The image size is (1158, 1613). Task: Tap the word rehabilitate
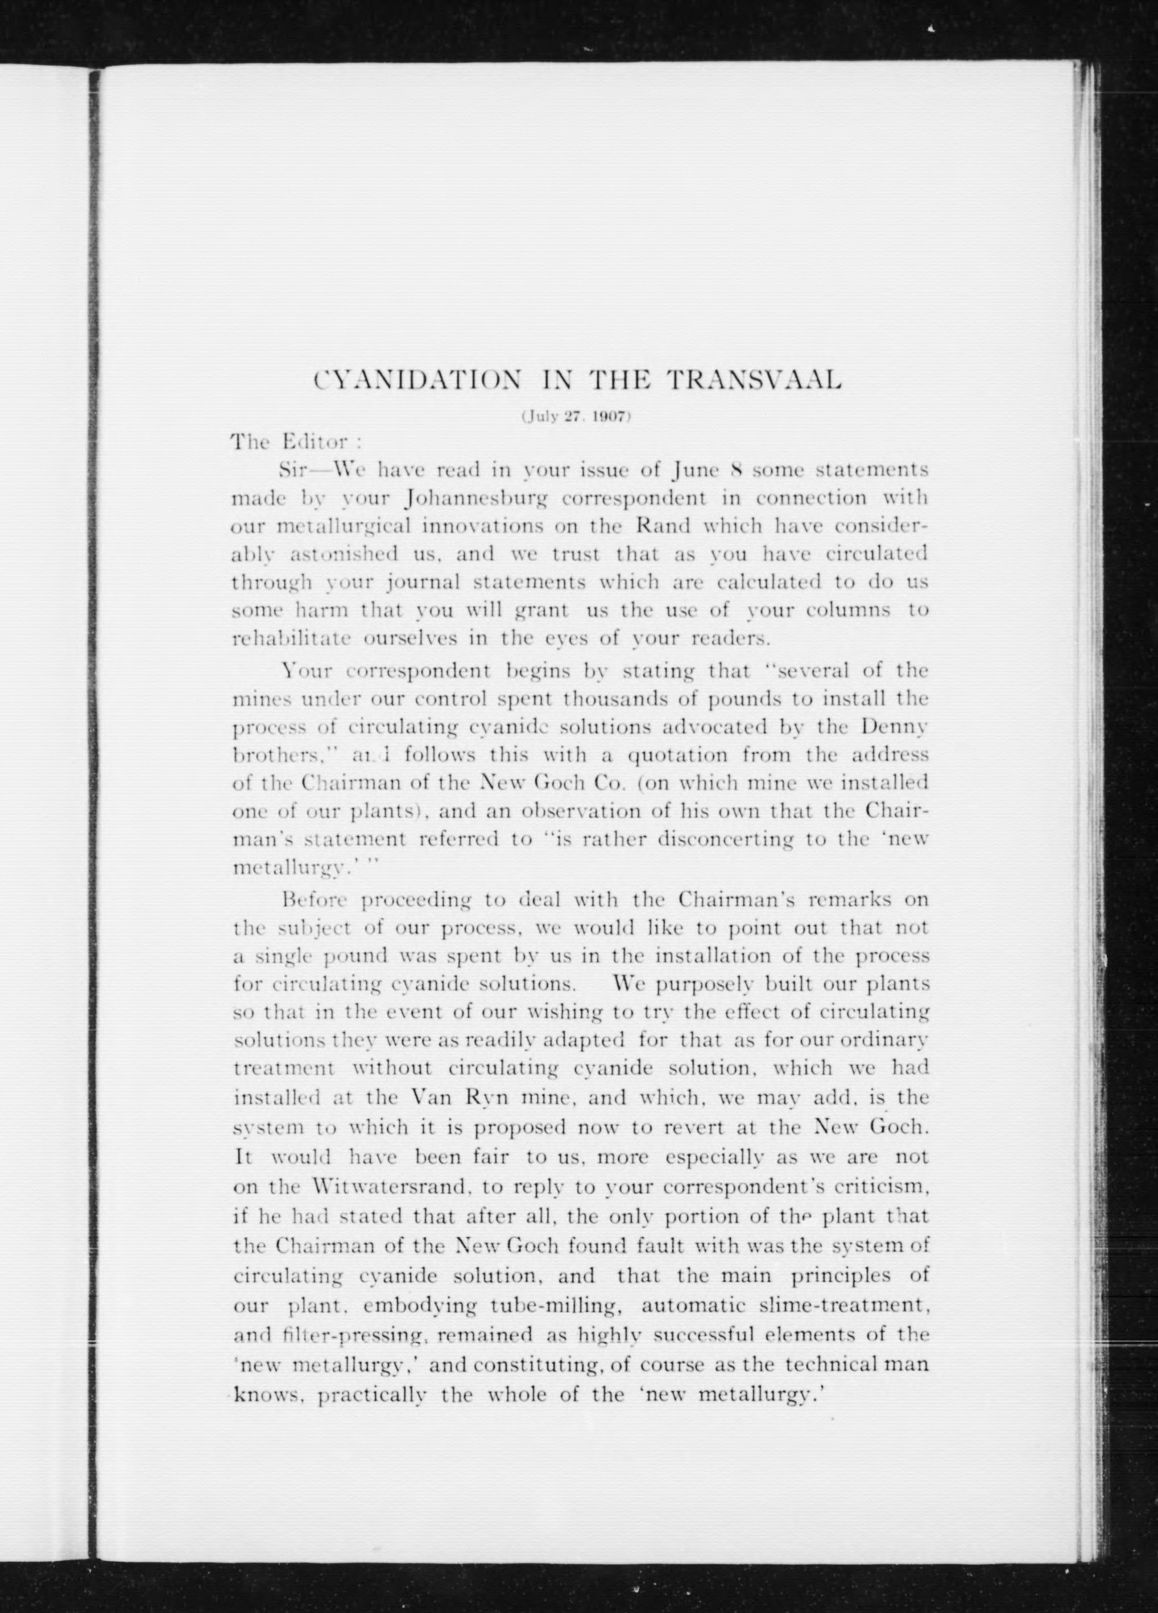[x=293, y=638]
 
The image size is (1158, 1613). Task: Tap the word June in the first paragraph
[x=696, y=470]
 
